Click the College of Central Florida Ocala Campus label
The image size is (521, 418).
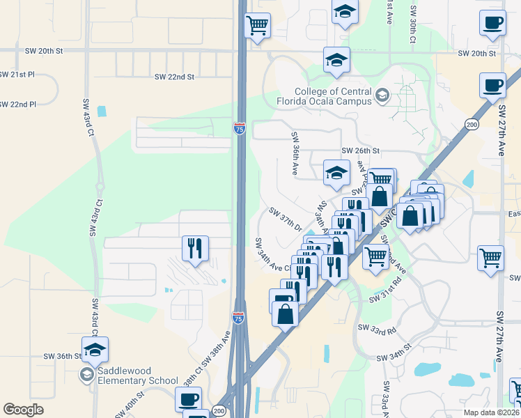[x=333, y=96]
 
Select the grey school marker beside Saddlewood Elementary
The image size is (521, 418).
[x=86, y=376]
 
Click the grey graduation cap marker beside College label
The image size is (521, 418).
[x=382, y=95]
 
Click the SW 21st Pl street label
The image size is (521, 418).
[x=14, y=74]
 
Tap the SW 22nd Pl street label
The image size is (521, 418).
[x=17, y=104]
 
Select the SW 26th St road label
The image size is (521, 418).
[x=360, y=150]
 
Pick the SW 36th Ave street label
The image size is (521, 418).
[x=295, y=153]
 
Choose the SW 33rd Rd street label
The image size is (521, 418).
[x=376, y=327]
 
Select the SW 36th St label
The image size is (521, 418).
[x=63, y=356]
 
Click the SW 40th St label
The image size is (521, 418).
[x=132, y=403]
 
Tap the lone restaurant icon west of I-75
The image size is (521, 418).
[x=194, y=249]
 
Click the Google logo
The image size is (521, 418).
[x=23, y=410]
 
